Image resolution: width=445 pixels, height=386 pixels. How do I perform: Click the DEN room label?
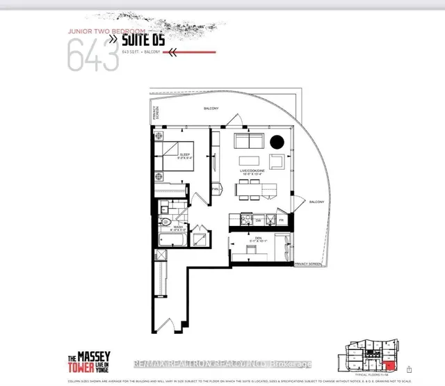click(x=252, y=238)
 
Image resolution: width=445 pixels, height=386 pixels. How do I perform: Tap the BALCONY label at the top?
click(x=211, y=108)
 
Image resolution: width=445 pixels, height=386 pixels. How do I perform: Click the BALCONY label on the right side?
click(x=316, y=202)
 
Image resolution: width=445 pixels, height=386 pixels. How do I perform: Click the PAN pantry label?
click(x=216, y=189)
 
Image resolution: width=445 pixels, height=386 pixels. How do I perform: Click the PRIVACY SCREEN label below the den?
click(x=307, y=264)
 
